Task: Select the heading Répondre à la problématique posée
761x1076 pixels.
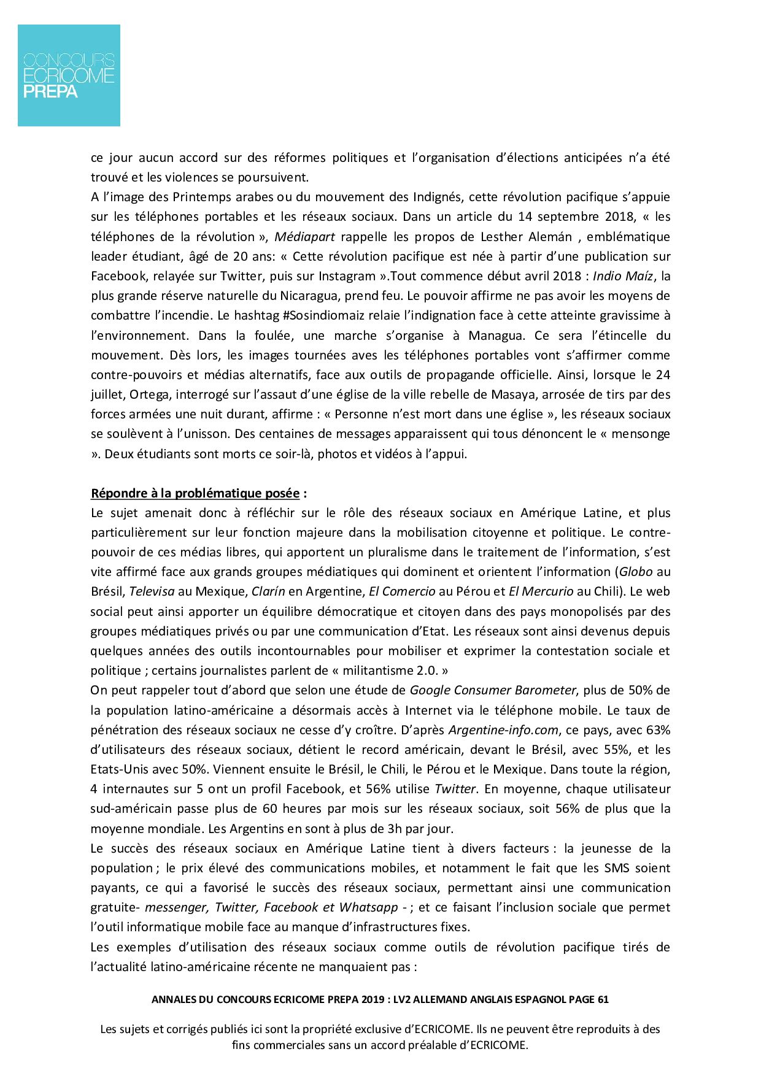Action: point(195,493)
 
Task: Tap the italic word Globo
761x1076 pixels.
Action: point(635,572)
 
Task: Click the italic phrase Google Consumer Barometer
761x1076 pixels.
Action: point(493,690)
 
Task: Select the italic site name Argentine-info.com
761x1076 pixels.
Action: point(504,730)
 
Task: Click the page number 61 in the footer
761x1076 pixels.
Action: point(602,999)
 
